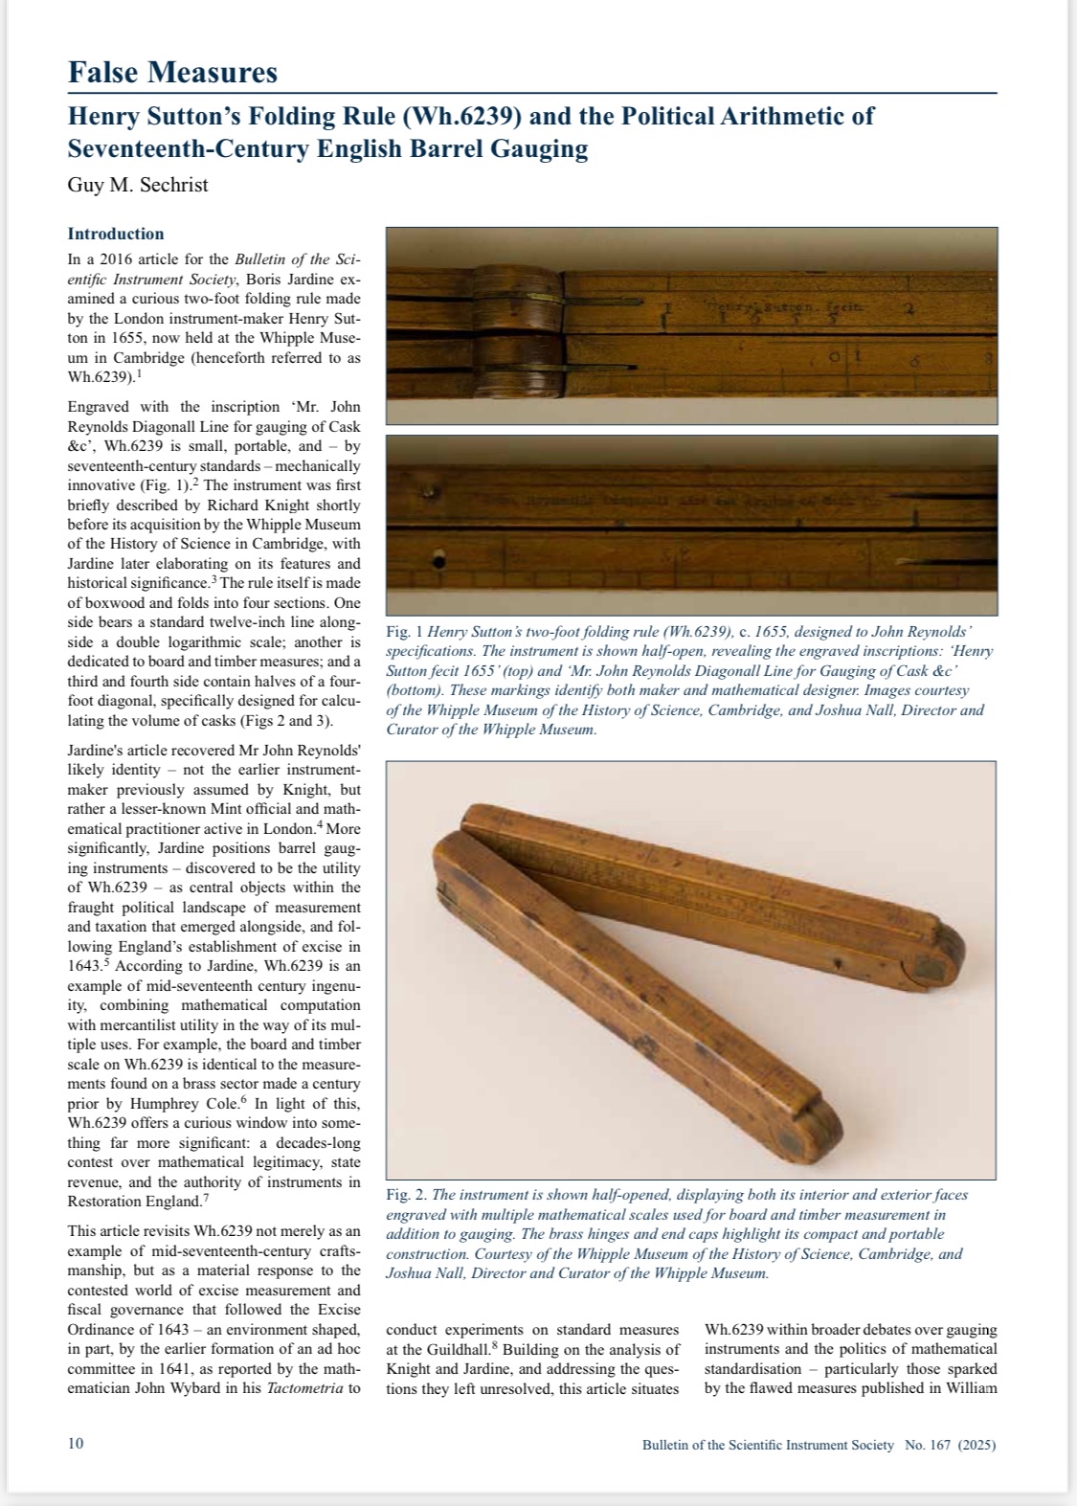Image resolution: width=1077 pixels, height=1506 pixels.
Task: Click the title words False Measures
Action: point(172,72)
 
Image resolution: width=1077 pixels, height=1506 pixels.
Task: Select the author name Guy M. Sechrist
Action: point(137,185)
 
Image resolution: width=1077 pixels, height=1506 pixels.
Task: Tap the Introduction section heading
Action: point(116,234)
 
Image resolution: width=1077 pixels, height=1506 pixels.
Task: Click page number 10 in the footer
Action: point(76,1444)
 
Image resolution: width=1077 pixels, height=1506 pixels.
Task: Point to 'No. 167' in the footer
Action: point(927,1445)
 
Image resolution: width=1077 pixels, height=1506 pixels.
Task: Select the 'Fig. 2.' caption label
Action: point(407,1195)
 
